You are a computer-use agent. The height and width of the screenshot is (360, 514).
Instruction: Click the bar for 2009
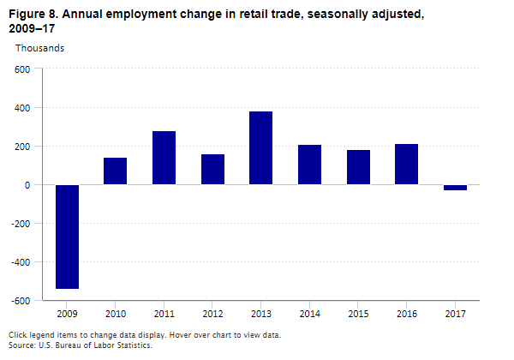[67, 237]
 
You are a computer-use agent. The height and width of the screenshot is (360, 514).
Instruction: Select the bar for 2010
[116, 171]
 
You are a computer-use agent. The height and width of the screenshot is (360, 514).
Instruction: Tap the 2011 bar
[164, 158]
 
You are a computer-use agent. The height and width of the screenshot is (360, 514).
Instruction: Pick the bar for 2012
[213, 169]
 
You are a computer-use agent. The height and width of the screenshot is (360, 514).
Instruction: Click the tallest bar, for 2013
[261, 147]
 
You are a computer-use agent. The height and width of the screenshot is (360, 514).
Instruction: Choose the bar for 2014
[310, 165]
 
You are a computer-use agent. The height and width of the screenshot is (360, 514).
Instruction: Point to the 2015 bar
[359, 167]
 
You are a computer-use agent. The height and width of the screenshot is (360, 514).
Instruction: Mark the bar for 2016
[407, 164]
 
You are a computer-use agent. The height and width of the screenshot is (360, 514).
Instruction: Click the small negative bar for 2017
[456, 188]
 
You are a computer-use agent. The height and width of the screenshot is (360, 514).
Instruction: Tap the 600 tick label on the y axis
[22, 69]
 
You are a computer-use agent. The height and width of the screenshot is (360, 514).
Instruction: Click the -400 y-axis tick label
[21, 262]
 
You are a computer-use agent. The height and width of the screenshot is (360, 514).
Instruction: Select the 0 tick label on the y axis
[27, 185]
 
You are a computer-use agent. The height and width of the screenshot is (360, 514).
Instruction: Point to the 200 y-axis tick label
[22, 147]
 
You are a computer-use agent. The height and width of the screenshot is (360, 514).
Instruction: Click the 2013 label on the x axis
[261, 314]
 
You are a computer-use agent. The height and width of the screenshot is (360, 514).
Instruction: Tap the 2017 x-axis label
[456, 314]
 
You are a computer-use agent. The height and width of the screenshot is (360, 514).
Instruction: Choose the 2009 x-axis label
[67, 314]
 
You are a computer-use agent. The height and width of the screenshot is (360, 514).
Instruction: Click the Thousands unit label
[39, 48]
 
